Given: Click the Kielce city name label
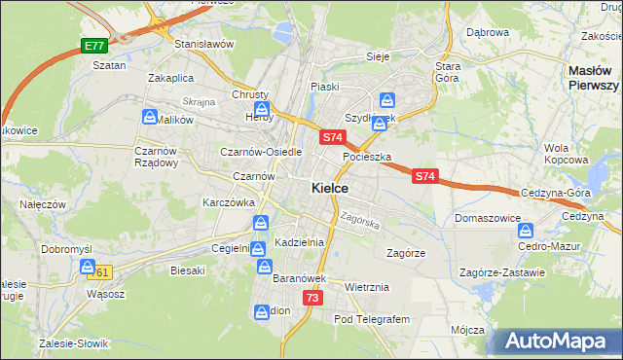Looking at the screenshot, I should pos(331,188).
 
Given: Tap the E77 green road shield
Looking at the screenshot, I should pos(93,46).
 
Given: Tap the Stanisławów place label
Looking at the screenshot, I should pos(203,44).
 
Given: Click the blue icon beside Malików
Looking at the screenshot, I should pos(150,117).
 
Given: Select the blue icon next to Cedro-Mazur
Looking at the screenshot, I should pos(526,232).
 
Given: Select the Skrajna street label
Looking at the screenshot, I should pos(198,101).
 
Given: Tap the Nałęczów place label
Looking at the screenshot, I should pos(42,204).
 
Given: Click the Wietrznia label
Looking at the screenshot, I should pos(367,287).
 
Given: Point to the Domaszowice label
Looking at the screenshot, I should pos(488,219).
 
